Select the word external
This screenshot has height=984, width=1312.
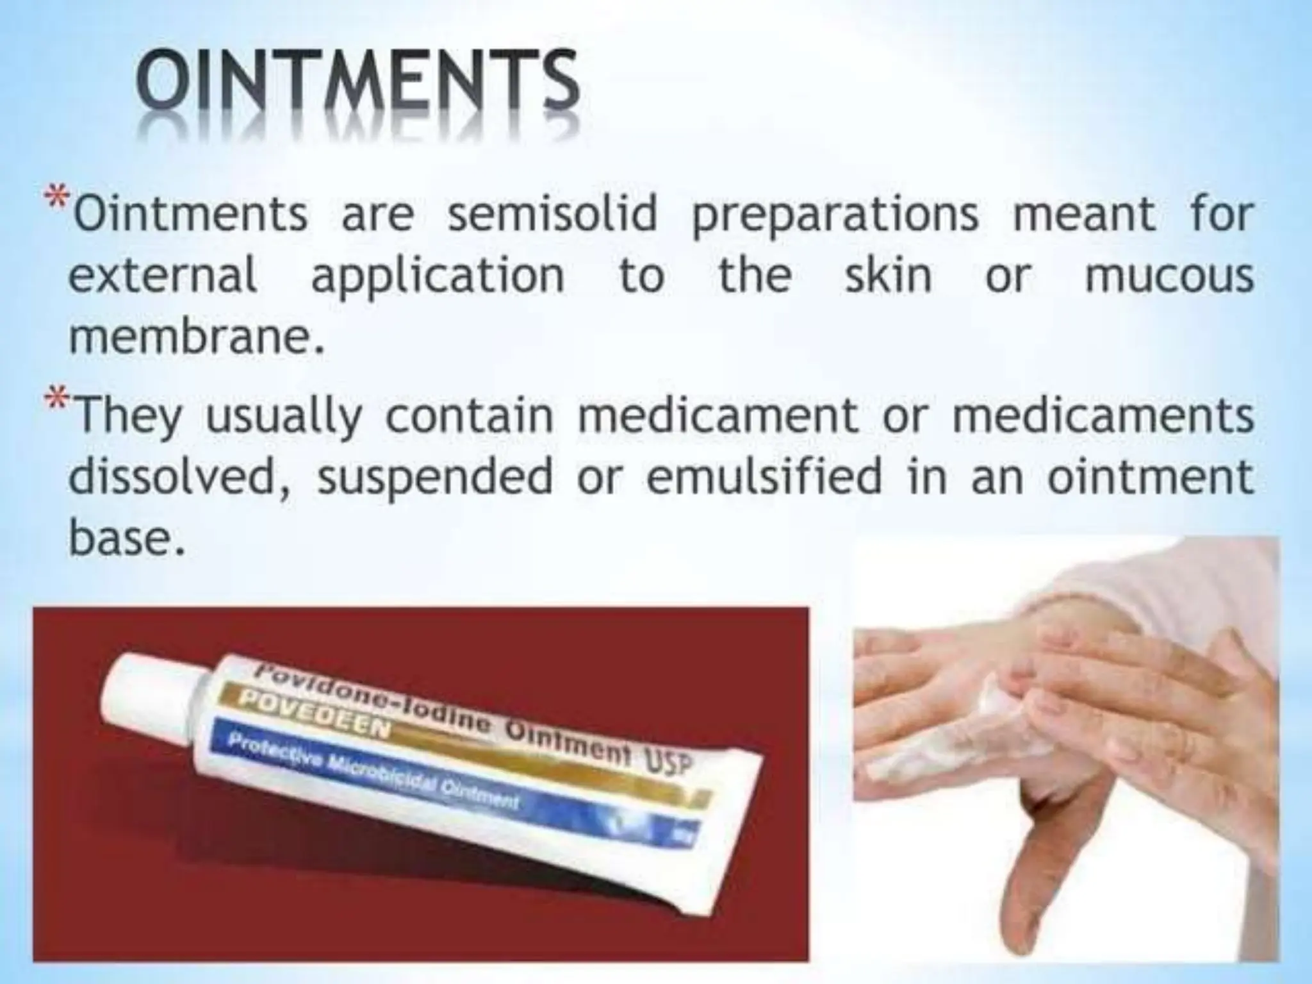(163, 276)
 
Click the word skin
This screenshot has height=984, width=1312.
(888, 276)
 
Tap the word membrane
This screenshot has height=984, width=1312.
(190, 338)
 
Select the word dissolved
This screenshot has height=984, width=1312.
(172, 477)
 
